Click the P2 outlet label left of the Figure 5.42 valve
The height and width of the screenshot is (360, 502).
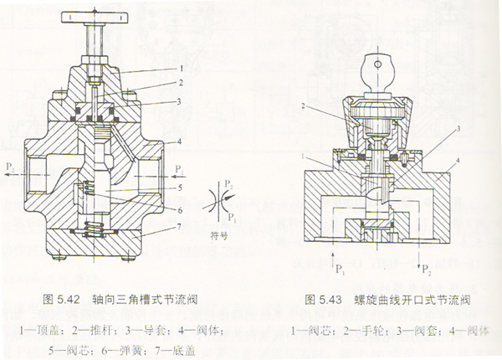pos(10,168)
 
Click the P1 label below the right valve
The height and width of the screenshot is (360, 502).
pos(339,270)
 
